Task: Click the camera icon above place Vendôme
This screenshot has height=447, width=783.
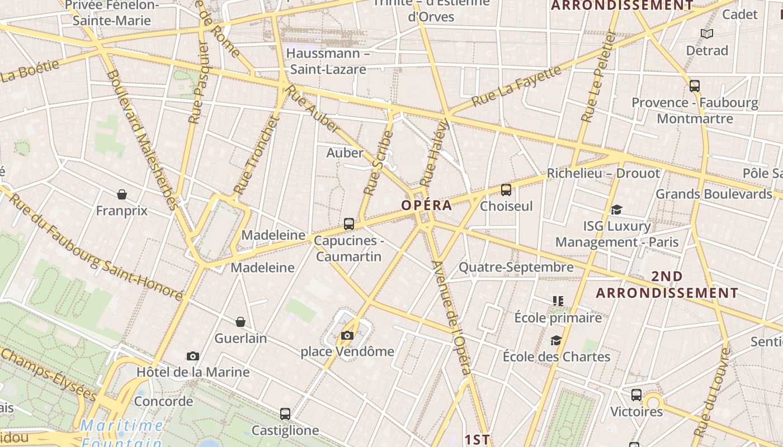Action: [347, 335]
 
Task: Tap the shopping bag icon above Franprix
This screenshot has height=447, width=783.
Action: [122, 194]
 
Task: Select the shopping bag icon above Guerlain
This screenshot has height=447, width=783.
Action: [240, 322]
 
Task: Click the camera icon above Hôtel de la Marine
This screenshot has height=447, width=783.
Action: [193, 356]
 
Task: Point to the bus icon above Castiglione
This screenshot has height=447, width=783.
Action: [285, 414]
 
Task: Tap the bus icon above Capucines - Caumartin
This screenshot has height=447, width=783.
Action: [349, 224]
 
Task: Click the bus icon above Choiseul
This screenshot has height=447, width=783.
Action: [506, 190]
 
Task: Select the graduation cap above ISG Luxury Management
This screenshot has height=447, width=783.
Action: [616, 210]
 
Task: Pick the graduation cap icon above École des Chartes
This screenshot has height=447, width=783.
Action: [556, 340]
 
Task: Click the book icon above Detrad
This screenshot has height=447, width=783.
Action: [707, 34]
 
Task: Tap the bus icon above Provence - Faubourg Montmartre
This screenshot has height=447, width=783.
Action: [695, 86]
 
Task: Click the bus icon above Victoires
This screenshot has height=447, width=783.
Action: [636, 395]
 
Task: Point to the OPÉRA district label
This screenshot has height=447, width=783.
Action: [426, 205]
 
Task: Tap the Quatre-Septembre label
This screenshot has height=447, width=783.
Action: [516, 267]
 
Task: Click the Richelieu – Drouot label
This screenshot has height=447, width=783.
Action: [603, 173]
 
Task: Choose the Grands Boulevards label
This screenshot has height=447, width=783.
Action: [714, 194]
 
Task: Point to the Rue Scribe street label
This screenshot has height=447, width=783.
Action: [379, 163]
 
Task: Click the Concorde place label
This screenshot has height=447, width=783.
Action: [163, 401]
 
